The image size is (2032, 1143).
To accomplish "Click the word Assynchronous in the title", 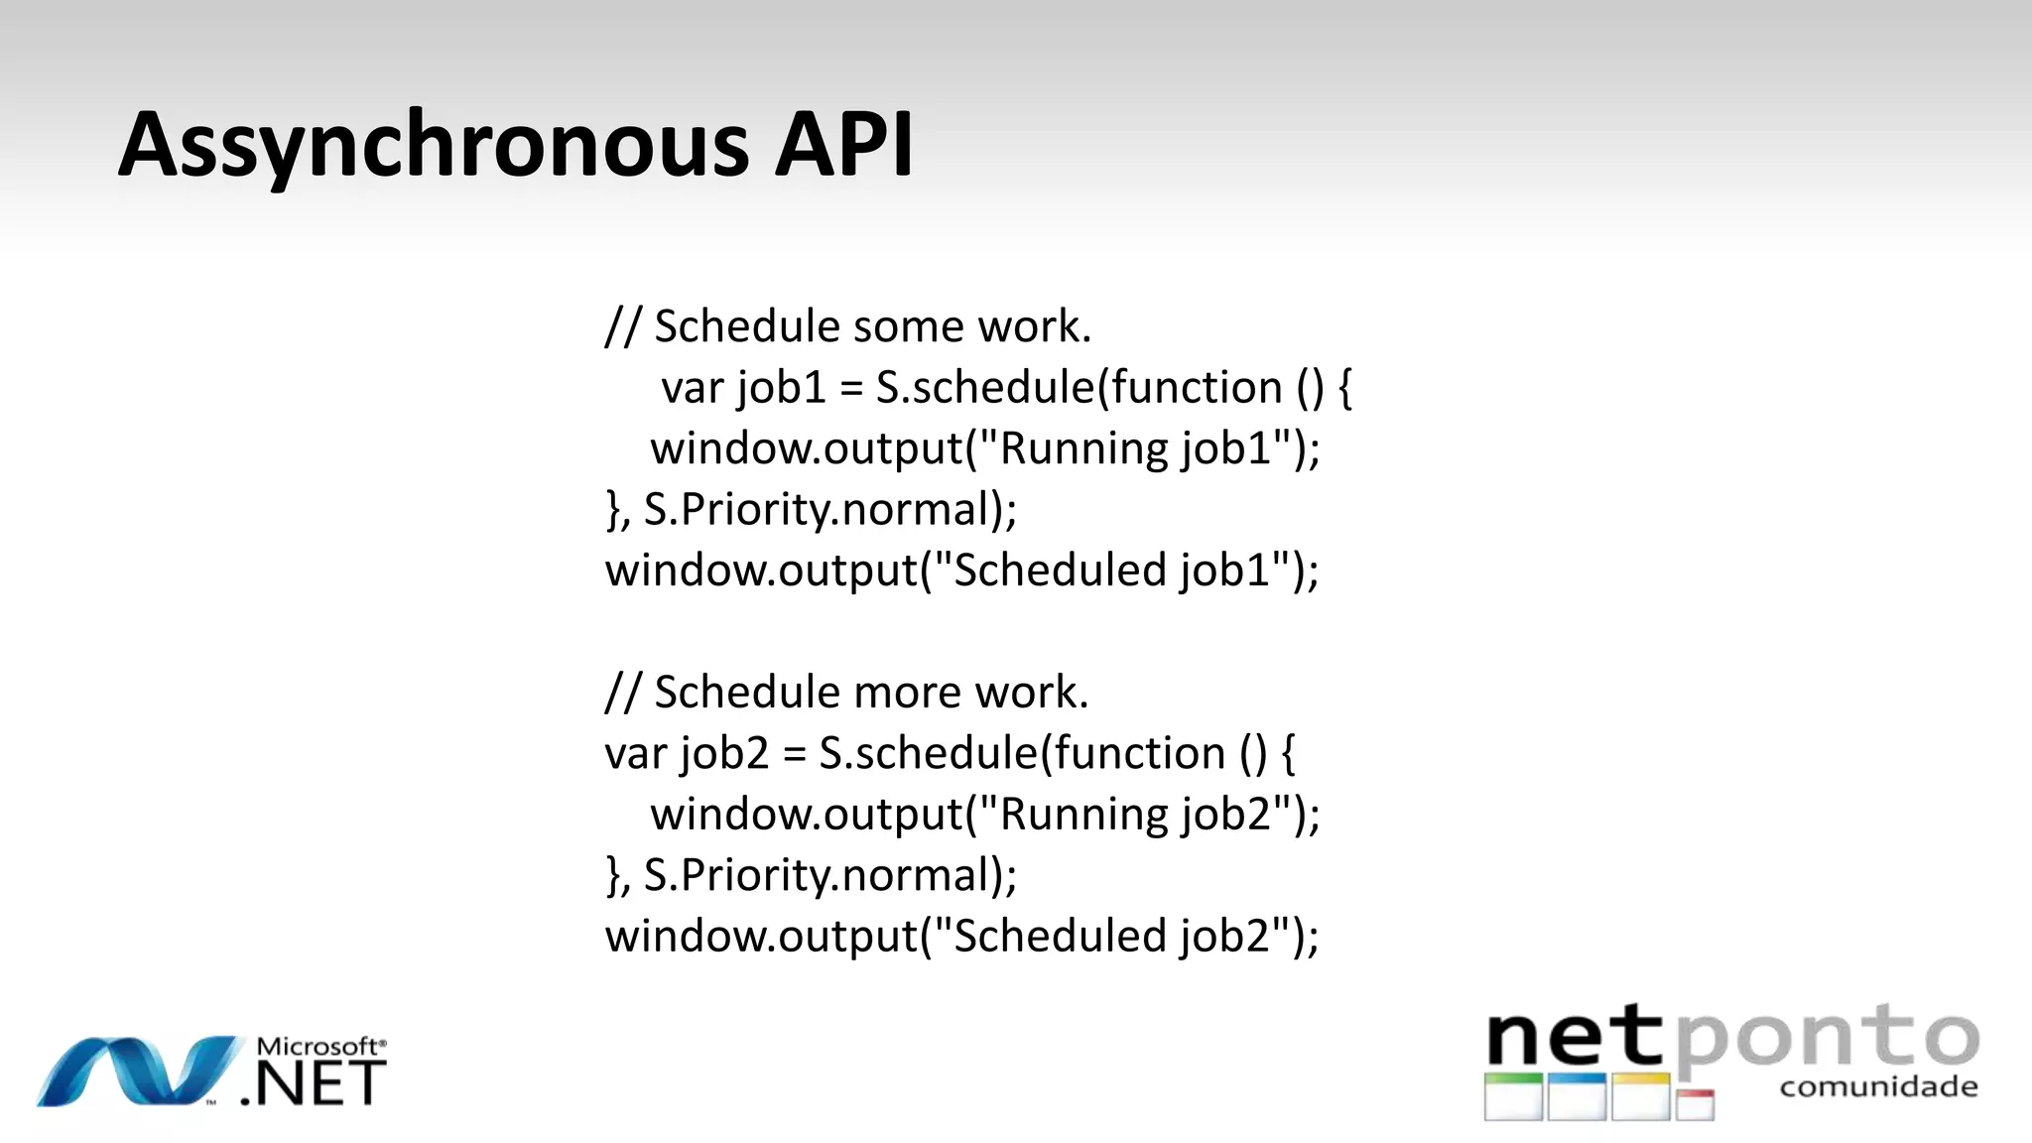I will click(x=433, y=146).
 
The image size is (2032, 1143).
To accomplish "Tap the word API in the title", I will click(x=843, y=146).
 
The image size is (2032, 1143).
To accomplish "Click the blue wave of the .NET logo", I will click(x=139, y=1072).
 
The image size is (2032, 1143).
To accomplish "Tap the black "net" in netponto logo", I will click(x=1576, y=1039).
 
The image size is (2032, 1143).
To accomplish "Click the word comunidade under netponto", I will click(x=1878, y=1087).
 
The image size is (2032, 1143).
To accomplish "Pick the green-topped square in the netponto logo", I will click(x=1513, y=1096).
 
